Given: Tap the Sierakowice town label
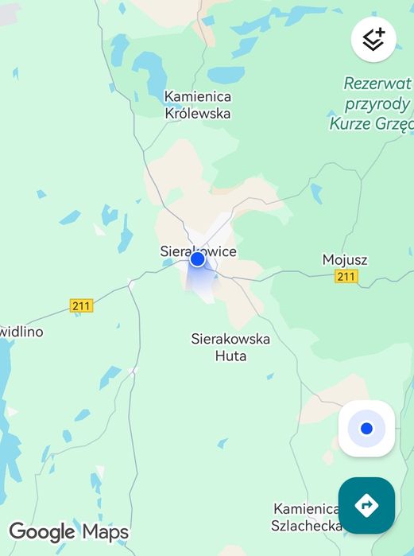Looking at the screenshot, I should click(199, 251).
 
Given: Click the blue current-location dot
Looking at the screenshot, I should click(198, 259).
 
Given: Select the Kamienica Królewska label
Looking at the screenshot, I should click(198, 105).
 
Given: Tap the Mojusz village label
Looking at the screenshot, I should click(345, 259).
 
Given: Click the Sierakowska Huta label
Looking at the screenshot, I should click(230, 347).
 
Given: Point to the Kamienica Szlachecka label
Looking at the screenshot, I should click(307, 517).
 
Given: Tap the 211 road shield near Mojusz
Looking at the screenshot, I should click(346, 276).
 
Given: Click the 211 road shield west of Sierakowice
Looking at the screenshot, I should click(81, 305).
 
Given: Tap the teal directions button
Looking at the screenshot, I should click(366, 505).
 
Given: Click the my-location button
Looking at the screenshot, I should click(366, 429).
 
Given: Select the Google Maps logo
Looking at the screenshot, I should click(68, 531).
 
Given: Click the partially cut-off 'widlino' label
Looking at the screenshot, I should click(21, 331).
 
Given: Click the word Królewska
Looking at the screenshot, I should click(198, 114).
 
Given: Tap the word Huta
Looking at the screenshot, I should click(230, 356).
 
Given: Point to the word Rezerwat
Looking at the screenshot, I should click(377, 84).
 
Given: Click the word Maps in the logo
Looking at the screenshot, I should click(105, 531).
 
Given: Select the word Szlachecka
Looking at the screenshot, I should click(305, 526).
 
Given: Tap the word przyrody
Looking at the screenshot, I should click(377, 103).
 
